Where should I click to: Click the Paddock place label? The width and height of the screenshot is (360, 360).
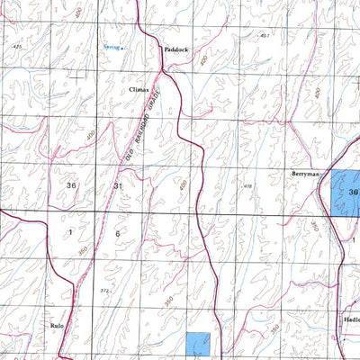pyautogui.click(x=175, y=50)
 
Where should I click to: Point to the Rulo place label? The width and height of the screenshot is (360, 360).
pyautogui.click(x=58, y=324)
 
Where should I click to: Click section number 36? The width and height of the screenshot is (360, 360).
pyautogui.click(x=72, y=184)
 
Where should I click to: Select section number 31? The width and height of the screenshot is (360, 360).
pyautogui.click(x=118, y=185)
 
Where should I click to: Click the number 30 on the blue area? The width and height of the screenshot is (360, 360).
pyautogui.click(x=353, y=192)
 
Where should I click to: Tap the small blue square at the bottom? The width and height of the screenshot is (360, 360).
pyautogui.click(x=198, y=345)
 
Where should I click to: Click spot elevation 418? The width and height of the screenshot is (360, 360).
pyautogui.click(x=247, y=186)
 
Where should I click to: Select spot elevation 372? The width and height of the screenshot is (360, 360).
pyautogui.click(x=104, y=291)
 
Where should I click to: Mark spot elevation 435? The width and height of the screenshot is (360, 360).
pyautogui.click(x=17, y=45)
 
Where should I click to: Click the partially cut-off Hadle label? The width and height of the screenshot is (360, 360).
pyautogui.click(x=350, y=319)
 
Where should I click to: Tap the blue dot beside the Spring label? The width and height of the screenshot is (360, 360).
pyautogui.click(x=124, y=44)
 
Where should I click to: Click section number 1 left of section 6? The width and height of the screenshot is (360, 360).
pyautogui.click(x=69, y=232)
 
